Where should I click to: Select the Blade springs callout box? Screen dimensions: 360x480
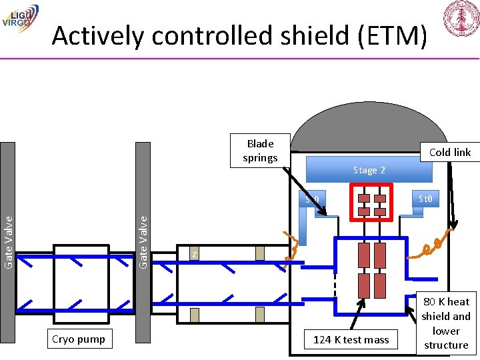(260, 151)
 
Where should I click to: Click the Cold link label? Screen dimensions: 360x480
(450, 152)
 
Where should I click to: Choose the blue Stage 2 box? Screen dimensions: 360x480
(369, 170)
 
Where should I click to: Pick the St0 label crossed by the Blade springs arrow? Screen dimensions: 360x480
(312, 199)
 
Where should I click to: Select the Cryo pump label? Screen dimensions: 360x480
(79, 339)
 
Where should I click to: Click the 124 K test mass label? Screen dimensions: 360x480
(351, 339)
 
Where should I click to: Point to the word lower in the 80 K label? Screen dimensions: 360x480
(446, 331)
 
